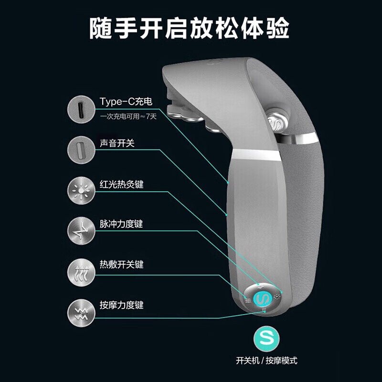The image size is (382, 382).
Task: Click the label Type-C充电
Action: pyautogui.click(x=122, y=102)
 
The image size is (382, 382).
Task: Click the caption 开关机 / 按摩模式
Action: pyautogui.click(x=266, y=361)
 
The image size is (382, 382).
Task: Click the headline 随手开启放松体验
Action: pyautogui.click(x=190, y=28)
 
